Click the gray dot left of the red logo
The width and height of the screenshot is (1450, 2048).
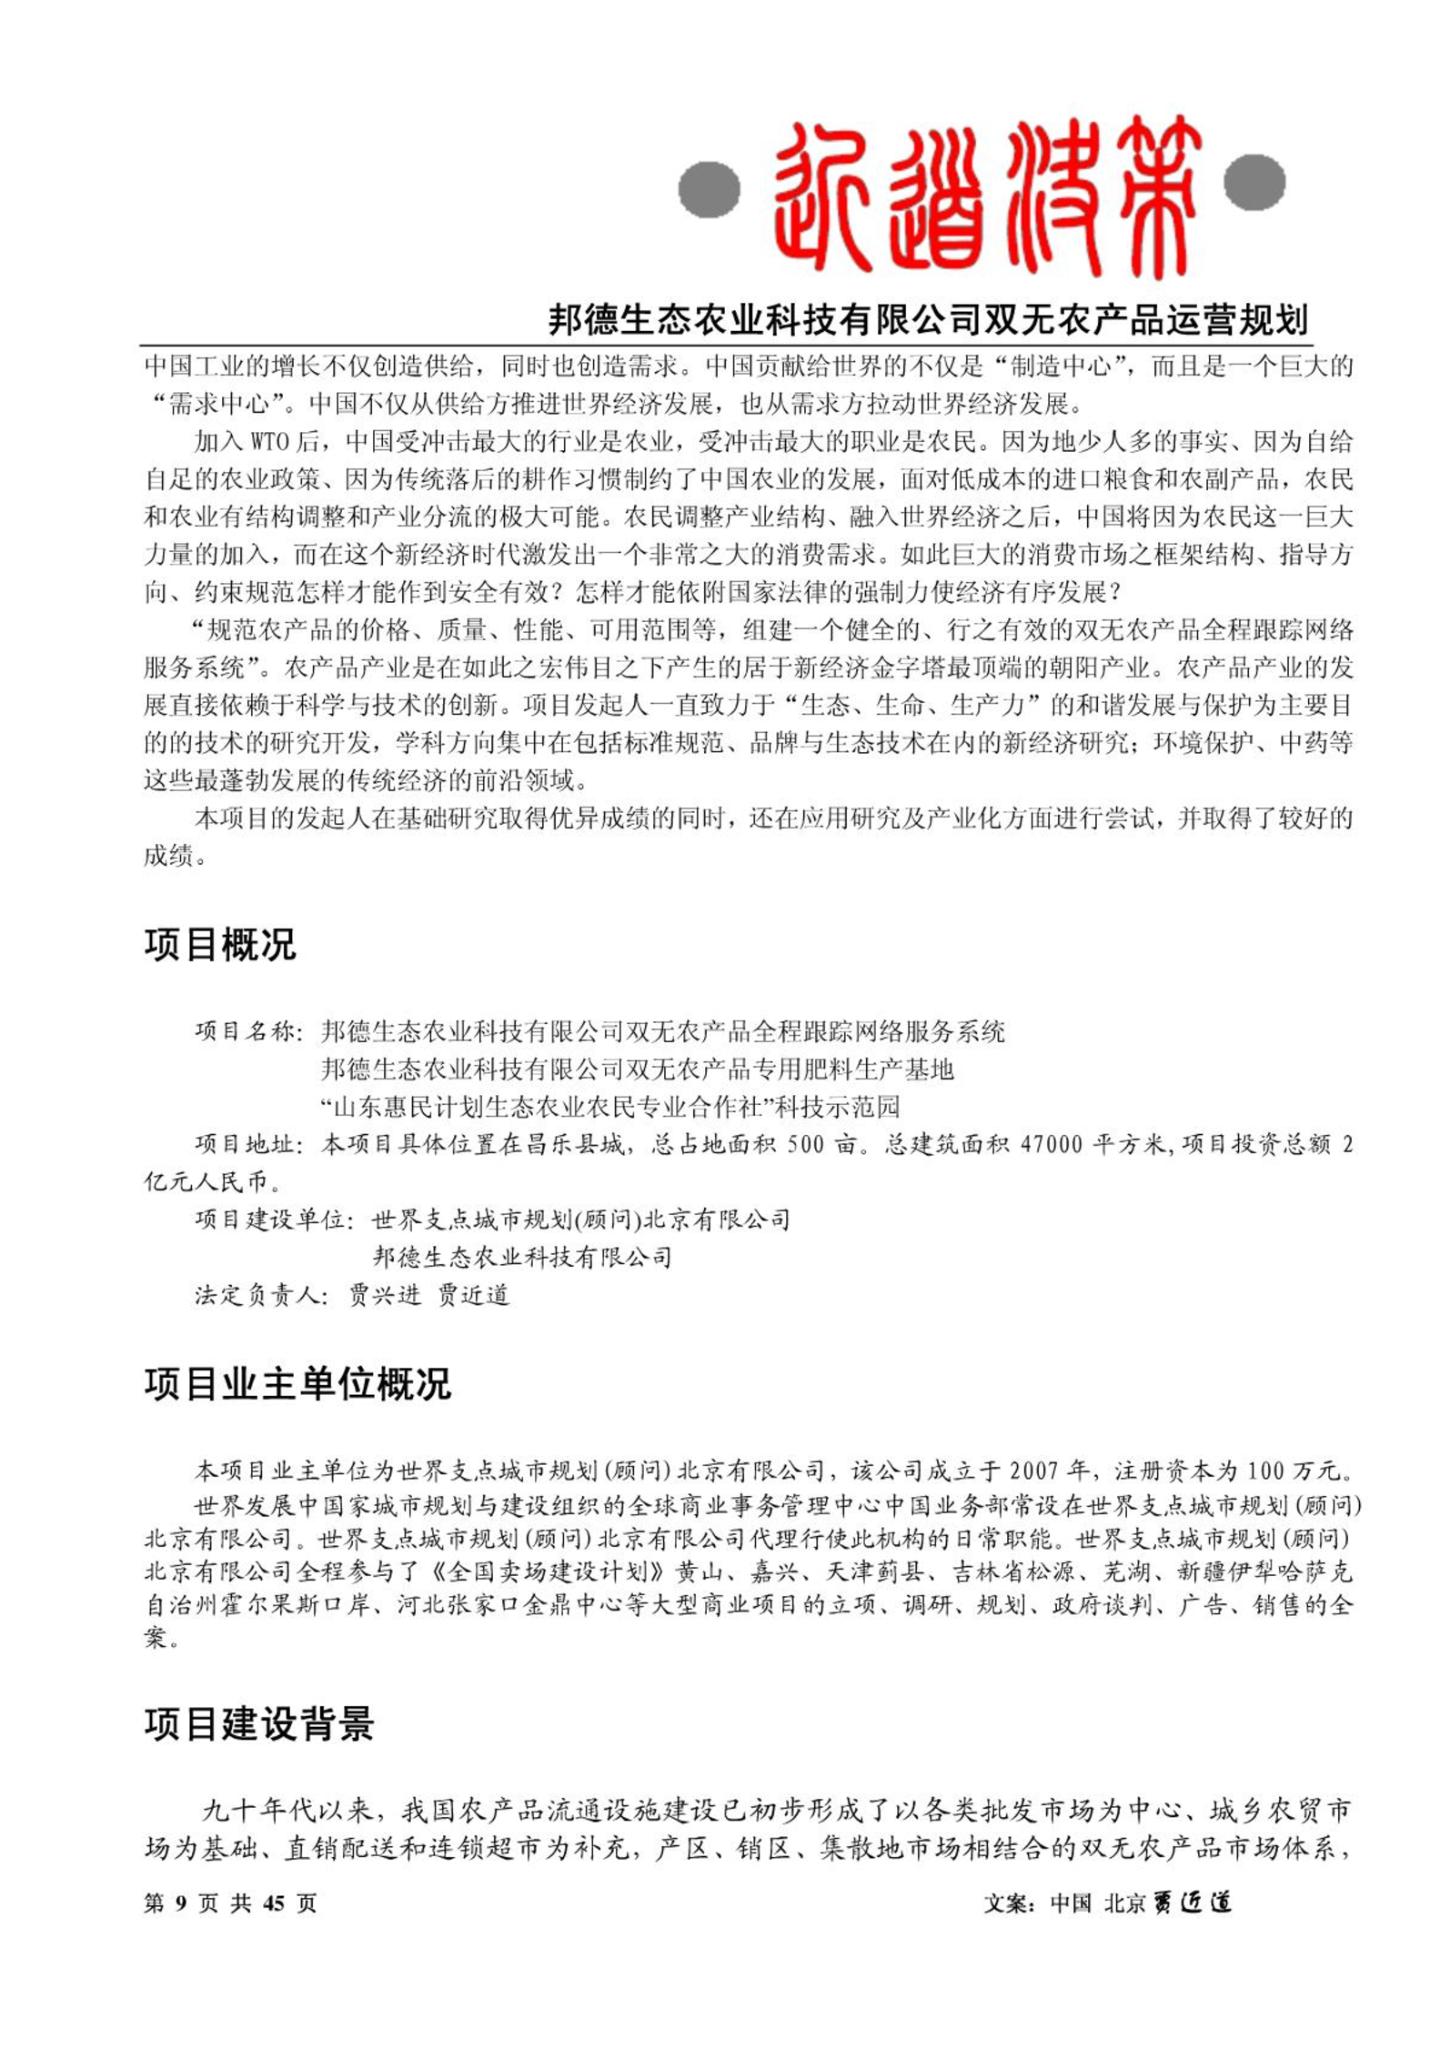[x=709, y=189]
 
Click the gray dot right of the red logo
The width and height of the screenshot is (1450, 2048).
[x=1254, y=182]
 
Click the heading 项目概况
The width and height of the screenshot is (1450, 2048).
[x=220, y=945]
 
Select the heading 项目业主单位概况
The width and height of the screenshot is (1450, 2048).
[x=297, y=1384]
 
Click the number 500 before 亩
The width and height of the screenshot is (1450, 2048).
[x=806, y=1144]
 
